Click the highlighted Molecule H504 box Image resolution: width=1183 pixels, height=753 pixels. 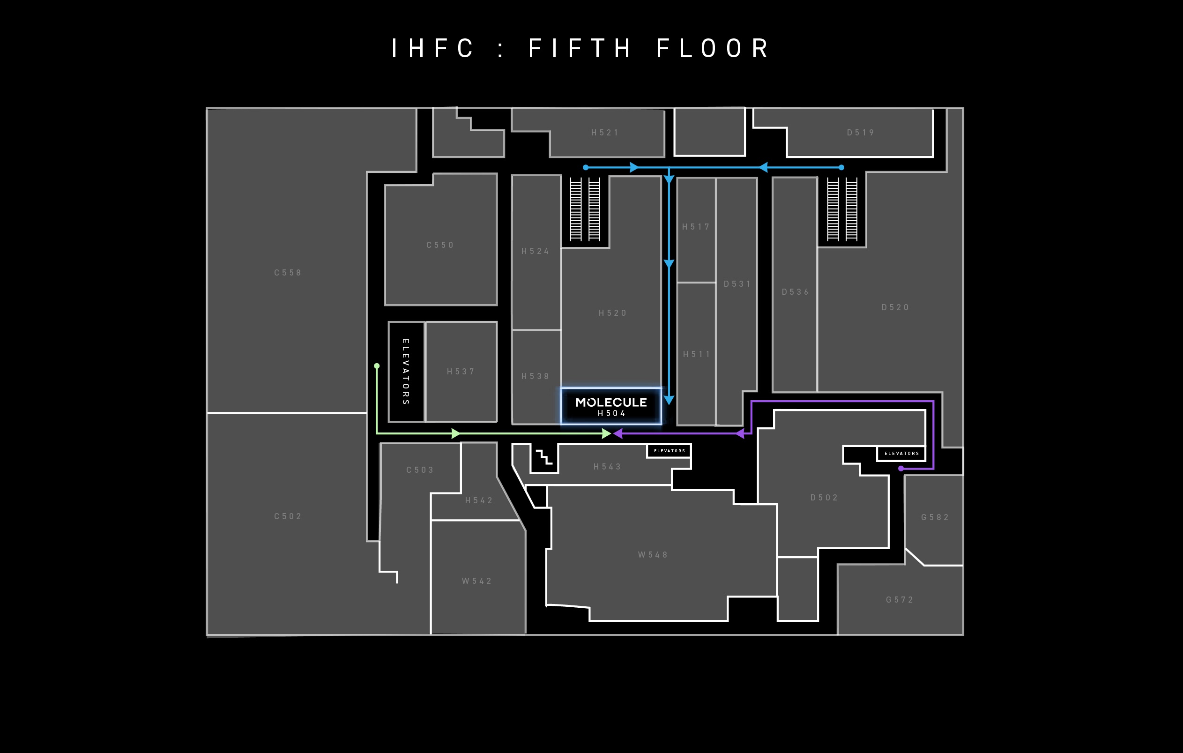click(x=611, y=406)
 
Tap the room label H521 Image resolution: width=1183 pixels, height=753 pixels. click(x=605, y=133)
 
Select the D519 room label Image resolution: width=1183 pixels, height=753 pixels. click(x=861, y=133)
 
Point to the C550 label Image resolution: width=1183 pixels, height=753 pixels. click(x=440, y=245)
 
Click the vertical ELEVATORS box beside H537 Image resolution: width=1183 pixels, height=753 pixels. click(x=406, y=372)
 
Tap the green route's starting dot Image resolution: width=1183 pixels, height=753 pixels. click(x=377, y=366)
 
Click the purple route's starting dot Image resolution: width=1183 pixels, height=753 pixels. click(x=900, y=469)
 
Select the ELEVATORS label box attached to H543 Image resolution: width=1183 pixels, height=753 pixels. click(x=669, y=451)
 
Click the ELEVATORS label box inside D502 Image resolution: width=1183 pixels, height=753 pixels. click(x=901, y=454)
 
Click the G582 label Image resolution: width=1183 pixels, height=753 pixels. click(x=935, y=517)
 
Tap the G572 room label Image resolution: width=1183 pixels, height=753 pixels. click(x=900, y=600)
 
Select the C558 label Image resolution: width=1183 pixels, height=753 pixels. click(x=288, y=273)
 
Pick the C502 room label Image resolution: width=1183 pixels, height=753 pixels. click(x=288, y=516)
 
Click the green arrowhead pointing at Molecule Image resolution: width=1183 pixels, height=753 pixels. click(x=607, y=434)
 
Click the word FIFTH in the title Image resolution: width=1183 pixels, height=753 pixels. click(x=580, y=49)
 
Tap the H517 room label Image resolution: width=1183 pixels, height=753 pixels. click(x=696, y=227)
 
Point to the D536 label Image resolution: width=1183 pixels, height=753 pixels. click(x=796, y=292)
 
